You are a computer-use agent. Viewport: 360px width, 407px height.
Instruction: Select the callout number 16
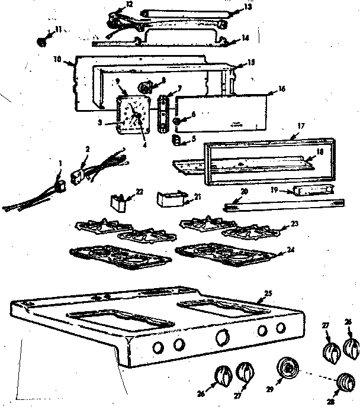(x=281, y=89)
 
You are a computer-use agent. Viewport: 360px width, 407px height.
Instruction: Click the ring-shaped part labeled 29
(x=288, y=370)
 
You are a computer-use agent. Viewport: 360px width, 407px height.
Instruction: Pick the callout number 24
(x=290, y=250)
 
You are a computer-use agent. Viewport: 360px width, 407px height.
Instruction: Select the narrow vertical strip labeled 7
(x=163, y=110)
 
